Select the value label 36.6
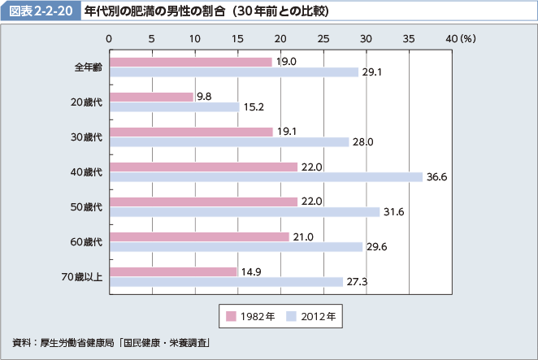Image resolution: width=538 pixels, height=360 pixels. click(x=437, y=177)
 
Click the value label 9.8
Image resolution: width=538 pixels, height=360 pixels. click(x=204, y=97)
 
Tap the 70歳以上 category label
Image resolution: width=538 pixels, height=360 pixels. click(x=82, y=277)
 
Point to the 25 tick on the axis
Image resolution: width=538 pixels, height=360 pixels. click(x=323, y=38)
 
